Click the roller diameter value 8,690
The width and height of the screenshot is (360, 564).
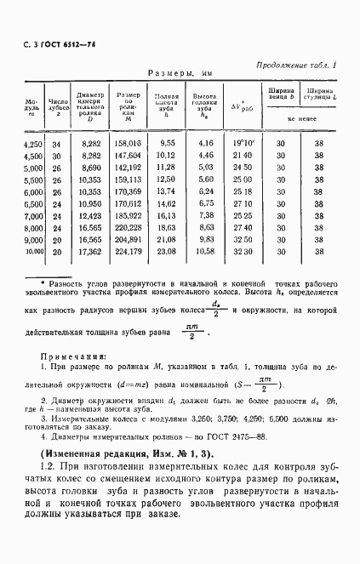pyautogui.click(x=89, y=168)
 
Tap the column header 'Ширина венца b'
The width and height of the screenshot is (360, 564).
pyautogui.click(x=281, y=93)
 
